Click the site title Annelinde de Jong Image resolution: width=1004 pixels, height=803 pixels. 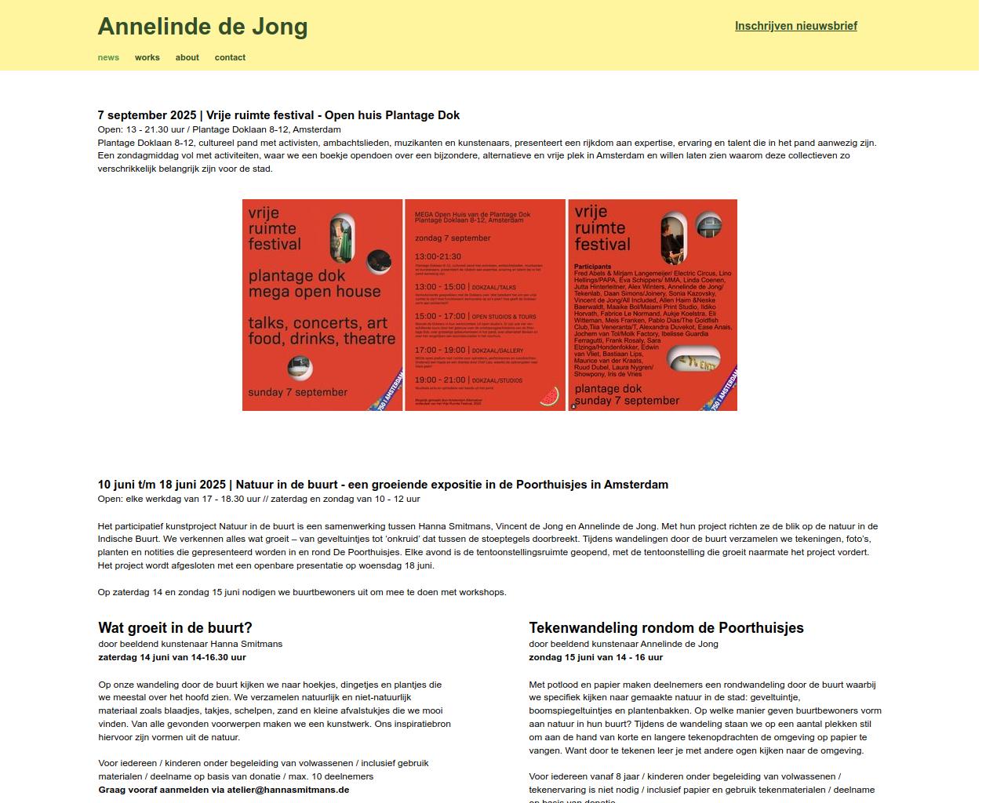click(x=202, y=27)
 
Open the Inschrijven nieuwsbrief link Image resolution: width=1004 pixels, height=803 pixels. click(x=795, y=26)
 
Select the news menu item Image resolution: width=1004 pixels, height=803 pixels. click(x=108, y=57)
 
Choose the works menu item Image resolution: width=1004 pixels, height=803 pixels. click(x=147, y=57)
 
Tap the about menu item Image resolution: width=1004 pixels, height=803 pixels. click(x=187, y=57)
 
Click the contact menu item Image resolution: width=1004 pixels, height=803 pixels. click(x=230, y=57)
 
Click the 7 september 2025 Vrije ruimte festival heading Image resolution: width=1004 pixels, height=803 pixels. click(x=278, y=115)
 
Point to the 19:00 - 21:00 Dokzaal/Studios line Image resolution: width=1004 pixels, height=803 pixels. click(x=468, y=380)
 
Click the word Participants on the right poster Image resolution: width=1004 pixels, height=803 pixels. click(x=592, y=267)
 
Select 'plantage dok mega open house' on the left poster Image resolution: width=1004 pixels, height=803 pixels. click(x=314, y=284)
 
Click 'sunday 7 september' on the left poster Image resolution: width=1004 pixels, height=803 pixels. click(x=297, y=392)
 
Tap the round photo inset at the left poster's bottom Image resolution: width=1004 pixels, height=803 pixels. click(x=300, y=366)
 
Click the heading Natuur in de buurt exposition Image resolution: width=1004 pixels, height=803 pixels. click(x=383, y=485)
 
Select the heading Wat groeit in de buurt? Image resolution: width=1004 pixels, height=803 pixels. click(x=175, y=628)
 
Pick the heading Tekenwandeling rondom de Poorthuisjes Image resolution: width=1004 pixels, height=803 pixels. click(x=666, y=628)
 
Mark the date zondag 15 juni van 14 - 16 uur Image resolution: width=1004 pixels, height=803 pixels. click(x=595, y=657)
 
